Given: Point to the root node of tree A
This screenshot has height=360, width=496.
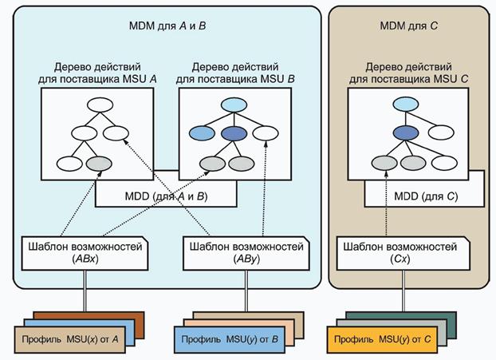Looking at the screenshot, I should (102, 104).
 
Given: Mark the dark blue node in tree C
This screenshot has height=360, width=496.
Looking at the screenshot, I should (407, 133).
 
